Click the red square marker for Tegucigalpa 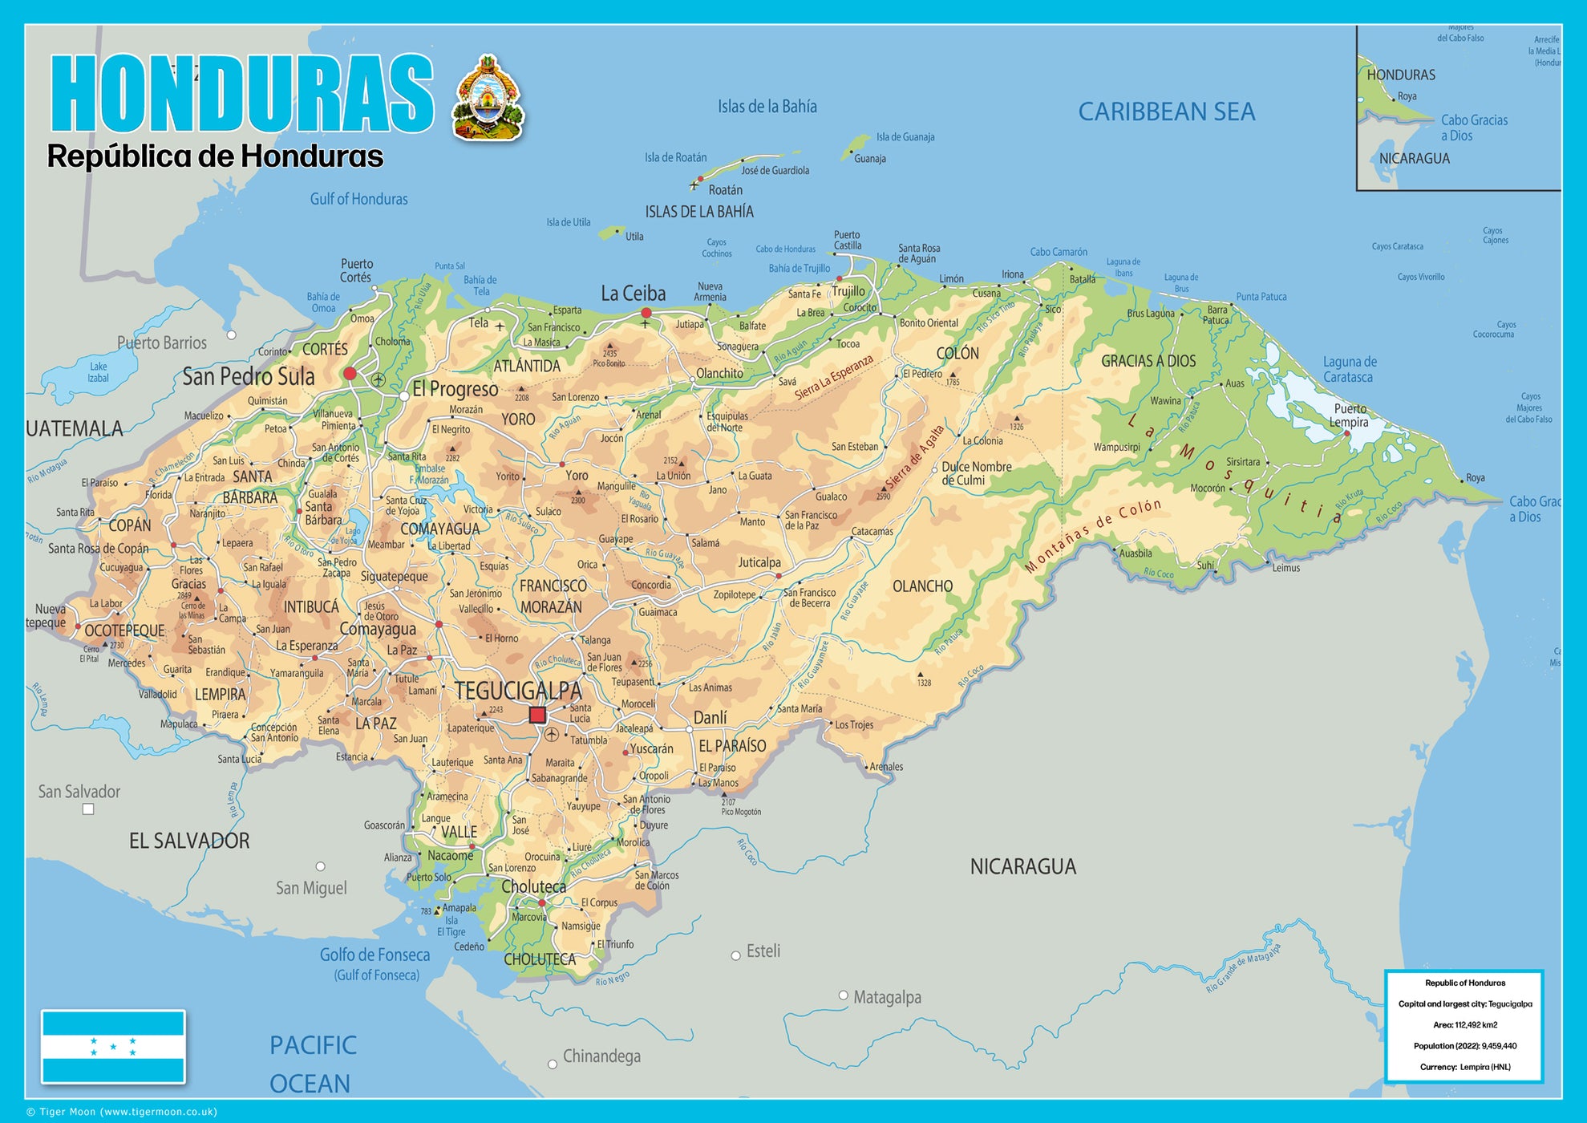[x=537, y=715]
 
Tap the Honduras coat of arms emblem [x=488, y=99]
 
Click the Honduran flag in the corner [x=113, y=1047]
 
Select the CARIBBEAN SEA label [x=1166, y=111]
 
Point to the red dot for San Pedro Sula [x=350, y=374]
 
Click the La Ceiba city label [x=633, y=294]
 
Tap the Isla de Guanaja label [x=905, y=137]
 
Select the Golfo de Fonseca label [x=374, y=955]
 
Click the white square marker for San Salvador [x=88, y=809]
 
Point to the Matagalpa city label [x=886, y=997]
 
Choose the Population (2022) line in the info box [x=1464, y=1046]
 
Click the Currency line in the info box [x=1464, y=1067]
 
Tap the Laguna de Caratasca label [x=1349, y=370]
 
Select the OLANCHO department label [x=922, y=586]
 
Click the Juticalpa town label [x=759, y=562]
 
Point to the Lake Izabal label [x=98, y=372]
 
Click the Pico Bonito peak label [x=609, y=363]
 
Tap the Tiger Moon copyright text [x=122, y=1112]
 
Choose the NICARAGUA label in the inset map [x=1414, y=159]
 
